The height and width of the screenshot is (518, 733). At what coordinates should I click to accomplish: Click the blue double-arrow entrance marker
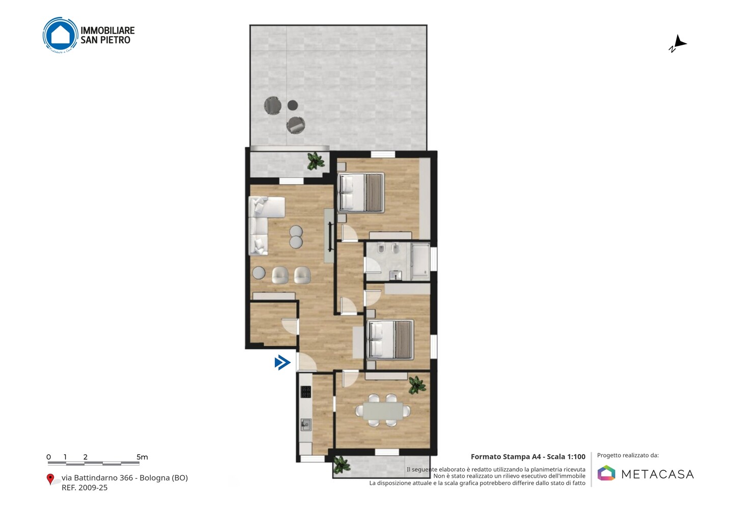[x=283, y=362]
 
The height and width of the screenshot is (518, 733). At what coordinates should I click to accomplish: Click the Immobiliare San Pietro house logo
[x=60, y=35]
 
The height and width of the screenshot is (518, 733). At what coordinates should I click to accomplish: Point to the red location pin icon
[x=50, y=479]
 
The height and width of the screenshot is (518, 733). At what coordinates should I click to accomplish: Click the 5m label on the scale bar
[x=142, y=457]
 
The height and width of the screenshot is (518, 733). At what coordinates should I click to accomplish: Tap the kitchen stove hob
[x=305, y=392]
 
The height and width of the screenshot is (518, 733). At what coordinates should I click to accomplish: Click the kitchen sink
[x=306, y=425]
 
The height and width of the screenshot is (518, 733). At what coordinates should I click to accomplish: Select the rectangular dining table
[x=383, y=411]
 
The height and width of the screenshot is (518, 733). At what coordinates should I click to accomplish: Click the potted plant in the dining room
[x=417, y=385]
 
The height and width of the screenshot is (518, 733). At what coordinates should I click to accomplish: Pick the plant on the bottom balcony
[x=342, y=465]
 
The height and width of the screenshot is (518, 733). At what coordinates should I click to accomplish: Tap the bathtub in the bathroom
[x=420, y=262]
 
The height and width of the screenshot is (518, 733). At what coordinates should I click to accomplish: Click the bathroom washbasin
[x=396, y=275]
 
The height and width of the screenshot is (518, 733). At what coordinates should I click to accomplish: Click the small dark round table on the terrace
[x=293, y=105]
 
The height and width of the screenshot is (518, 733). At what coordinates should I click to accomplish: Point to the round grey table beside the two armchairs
[x=259, y=273]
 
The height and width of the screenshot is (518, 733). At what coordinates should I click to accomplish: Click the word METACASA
[x=658, y=474]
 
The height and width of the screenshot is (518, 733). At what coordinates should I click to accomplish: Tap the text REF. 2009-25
[x=84, y=487]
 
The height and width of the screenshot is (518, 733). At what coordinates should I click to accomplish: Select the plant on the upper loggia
[x=316, y=161]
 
